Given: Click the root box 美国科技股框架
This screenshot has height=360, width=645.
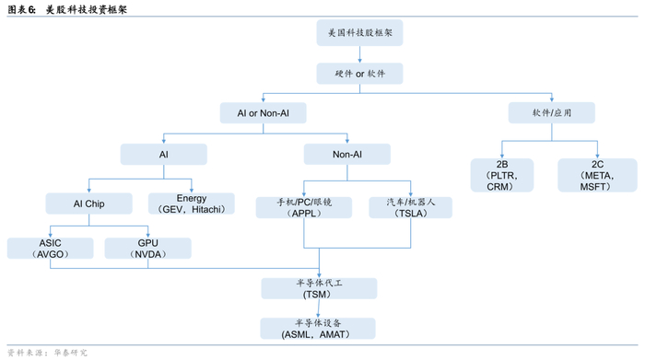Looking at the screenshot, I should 360,32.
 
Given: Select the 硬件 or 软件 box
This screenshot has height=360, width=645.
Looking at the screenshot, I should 360,73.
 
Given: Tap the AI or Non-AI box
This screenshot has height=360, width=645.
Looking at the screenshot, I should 263,112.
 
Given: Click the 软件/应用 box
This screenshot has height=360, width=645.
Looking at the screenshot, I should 551,112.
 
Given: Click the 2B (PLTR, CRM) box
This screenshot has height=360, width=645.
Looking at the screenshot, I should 501,175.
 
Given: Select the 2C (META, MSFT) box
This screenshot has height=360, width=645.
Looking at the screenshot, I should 597,175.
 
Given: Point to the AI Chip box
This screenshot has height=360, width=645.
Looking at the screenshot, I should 89,203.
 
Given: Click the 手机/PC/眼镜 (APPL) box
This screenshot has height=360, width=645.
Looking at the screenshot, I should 303,205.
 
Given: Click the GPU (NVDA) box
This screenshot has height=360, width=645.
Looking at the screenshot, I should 147,248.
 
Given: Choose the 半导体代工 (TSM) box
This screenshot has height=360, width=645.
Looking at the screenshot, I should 318,287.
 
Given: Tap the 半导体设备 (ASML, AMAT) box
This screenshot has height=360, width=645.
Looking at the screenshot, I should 318,329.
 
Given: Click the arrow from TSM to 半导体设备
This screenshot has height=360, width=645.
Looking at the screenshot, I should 319,308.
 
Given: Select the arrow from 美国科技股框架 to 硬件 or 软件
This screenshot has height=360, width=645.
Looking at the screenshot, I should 360,53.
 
